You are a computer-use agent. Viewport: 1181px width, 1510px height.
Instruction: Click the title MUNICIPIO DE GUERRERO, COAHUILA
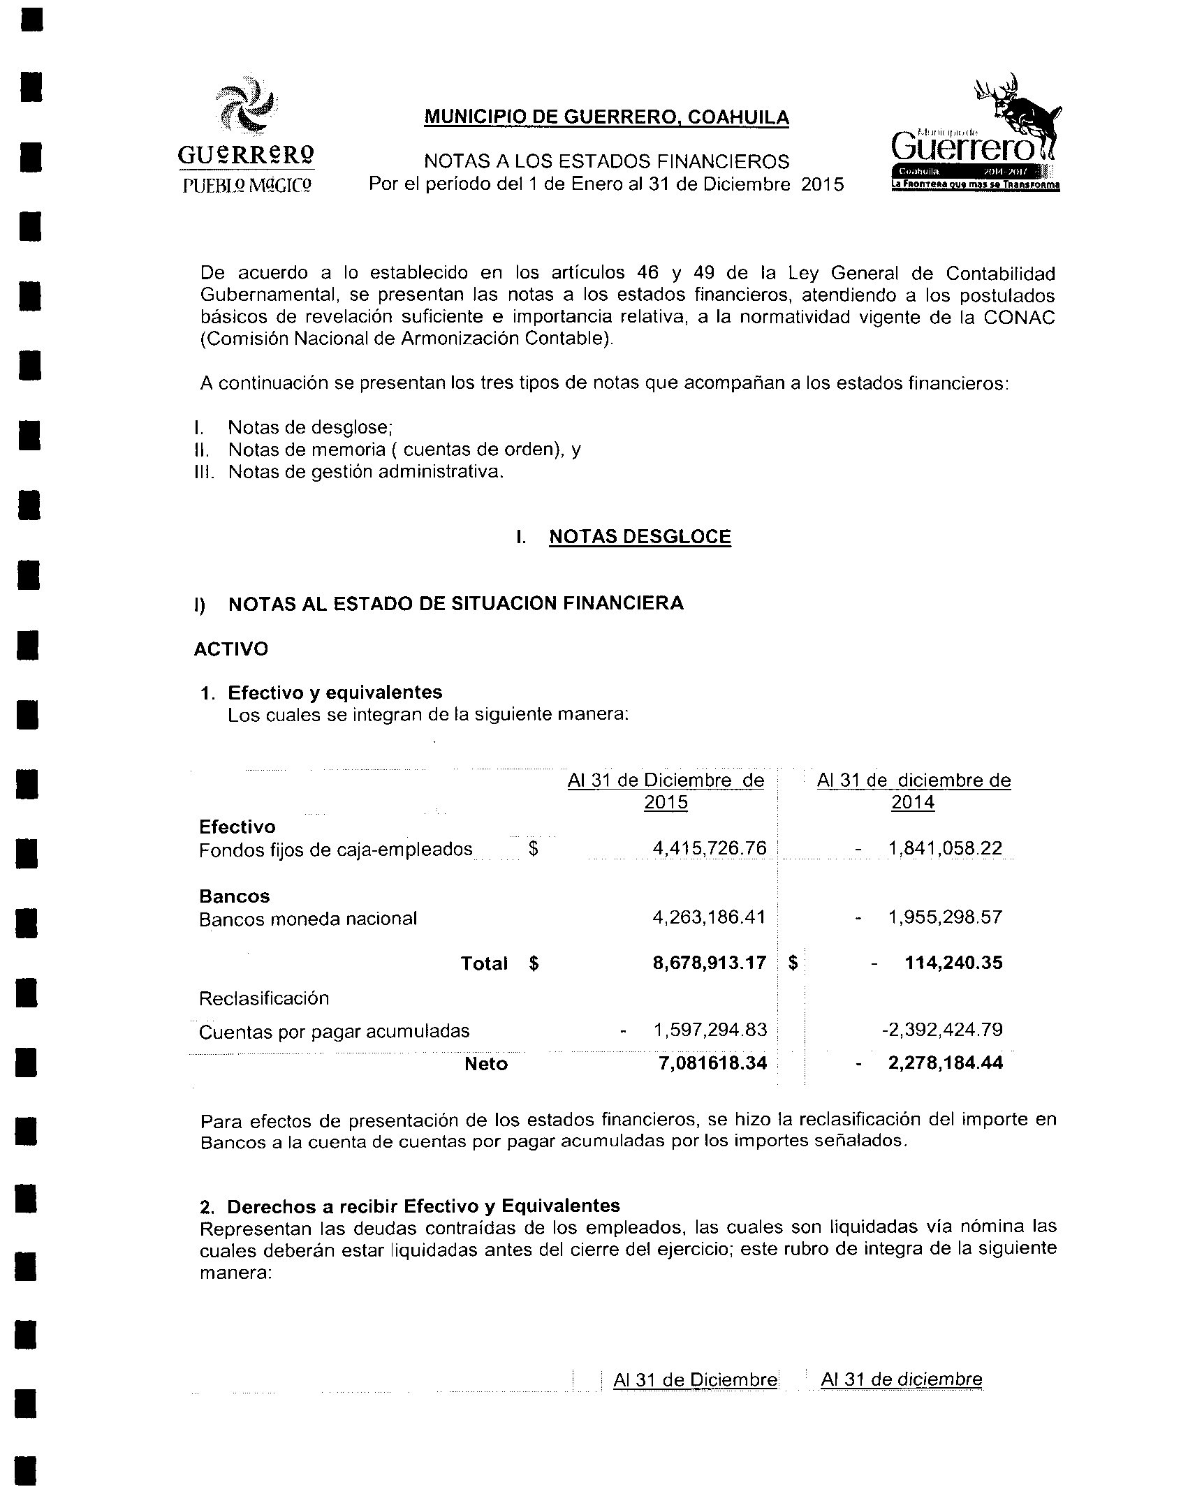click(x=606, y=117)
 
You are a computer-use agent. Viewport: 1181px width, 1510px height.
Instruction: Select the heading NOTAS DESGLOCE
click(x=640, y=537)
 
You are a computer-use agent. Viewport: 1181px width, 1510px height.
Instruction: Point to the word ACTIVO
click(x=230, y=649)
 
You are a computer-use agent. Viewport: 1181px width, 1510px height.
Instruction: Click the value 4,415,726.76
click(x=709, y=849)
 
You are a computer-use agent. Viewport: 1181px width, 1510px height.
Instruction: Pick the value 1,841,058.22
click(x=945, y=849)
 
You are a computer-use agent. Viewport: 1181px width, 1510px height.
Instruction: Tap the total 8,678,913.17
click(x=709, y=963)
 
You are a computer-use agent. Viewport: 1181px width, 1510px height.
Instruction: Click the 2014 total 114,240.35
click(x=953, y=963)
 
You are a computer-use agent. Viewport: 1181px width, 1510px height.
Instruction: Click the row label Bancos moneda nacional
click(x=308, y=919)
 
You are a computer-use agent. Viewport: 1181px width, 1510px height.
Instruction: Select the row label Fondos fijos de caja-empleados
click(x=335, y=850)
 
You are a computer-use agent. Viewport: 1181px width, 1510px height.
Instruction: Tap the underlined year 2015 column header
click(x=666, y=803)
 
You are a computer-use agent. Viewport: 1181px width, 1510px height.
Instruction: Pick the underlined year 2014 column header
click(x=912, y=803)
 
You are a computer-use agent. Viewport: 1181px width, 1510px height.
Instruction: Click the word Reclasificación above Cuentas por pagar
click(x=263, y=998)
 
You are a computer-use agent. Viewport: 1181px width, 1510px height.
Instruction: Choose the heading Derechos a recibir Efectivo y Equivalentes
click(x=423, y=1206)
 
